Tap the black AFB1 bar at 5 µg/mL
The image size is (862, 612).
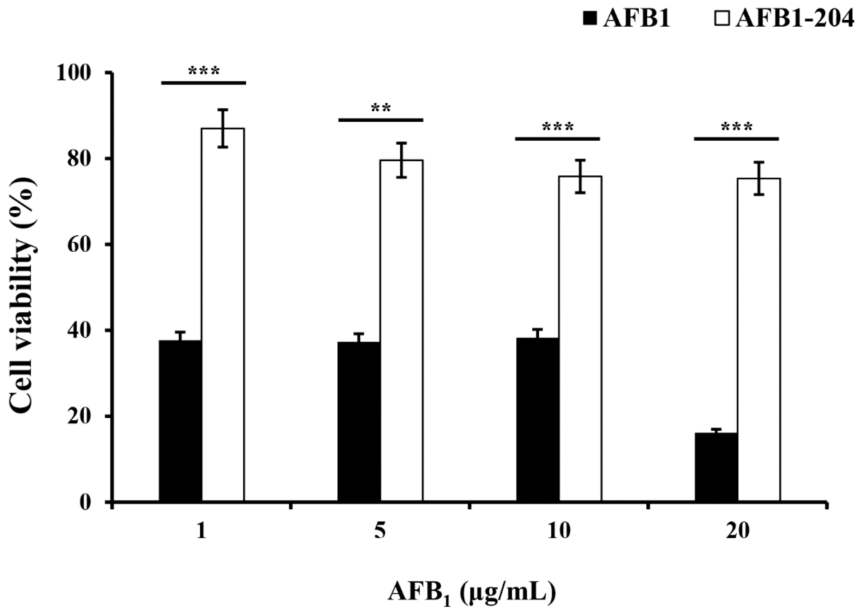point(359,422)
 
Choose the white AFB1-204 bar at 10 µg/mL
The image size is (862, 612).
point(580,339)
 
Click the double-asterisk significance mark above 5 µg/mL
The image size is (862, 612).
point(381,109)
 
